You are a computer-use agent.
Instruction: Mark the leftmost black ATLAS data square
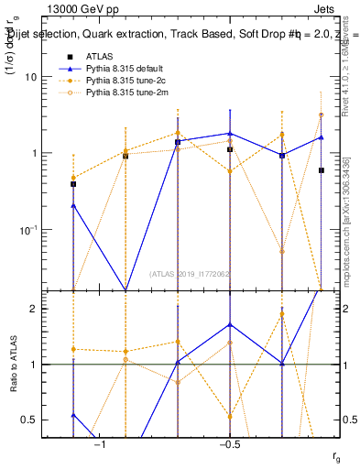click(x=73, y=184)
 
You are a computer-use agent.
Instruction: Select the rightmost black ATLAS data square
click(x=321, y=170)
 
